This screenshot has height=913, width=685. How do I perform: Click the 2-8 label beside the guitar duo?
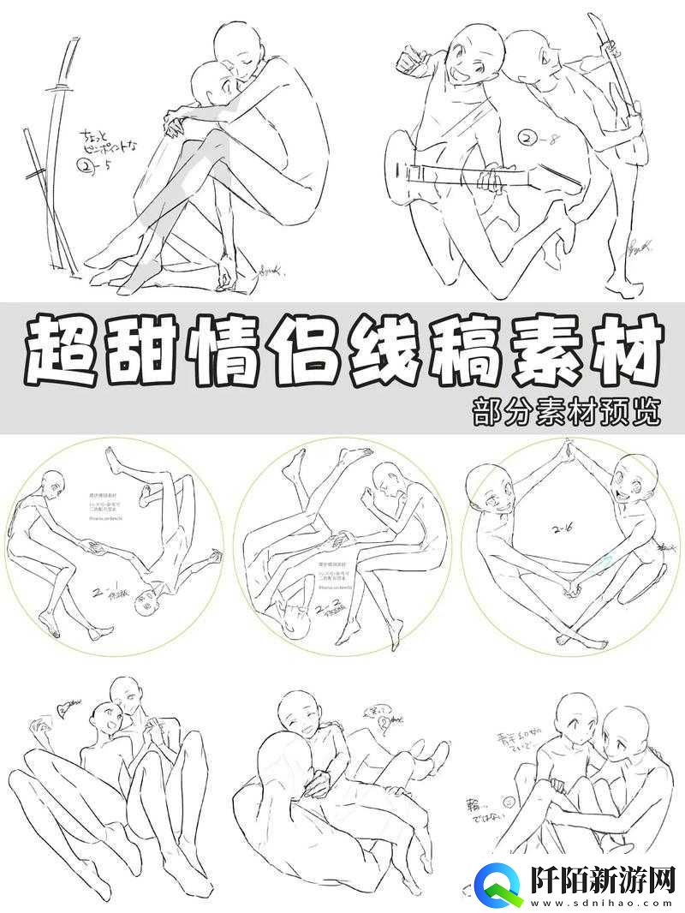tap(536, 137)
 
